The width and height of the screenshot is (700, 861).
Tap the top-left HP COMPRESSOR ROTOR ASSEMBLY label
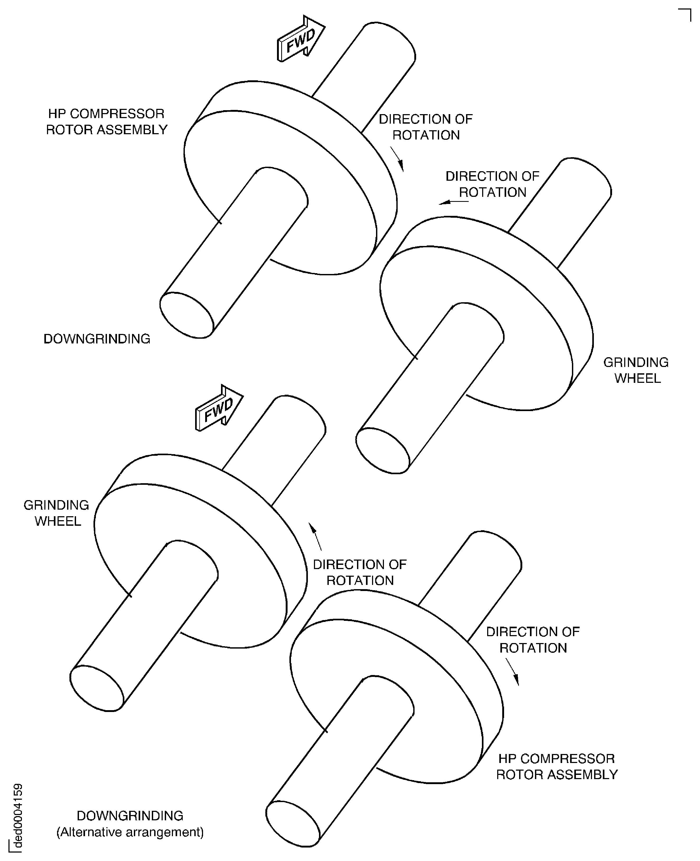point(106,122)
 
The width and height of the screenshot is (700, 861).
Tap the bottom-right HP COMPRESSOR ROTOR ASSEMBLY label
point(556,767)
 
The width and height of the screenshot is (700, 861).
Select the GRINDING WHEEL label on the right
point(636,370)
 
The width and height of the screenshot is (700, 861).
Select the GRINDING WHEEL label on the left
point(57,513)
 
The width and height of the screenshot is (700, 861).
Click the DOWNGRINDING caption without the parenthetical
point(97,339)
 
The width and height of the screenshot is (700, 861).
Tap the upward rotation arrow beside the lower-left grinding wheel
point(315,537)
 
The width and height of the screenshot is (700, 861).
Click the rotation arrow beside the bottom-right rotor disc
point(513,672)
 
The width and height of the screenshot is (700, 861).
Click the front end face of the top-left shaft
point(187,315)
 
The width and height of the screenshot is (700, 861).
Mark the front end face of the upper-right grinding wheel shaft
point(383,451)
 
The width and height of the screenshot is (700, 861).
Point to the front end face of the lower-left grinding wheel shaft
point(97,688)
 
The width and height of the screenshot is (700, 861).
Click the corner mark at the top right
point(685,14)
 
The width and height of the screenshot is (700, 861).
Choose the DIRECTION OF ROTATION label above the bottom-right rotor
point(533,640)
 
